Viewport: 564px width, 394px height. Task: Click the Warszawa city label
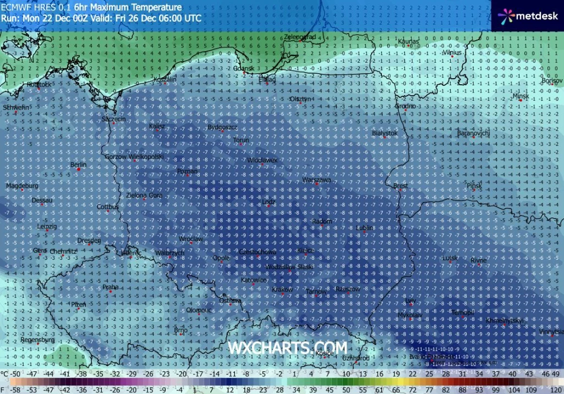click(317, 179)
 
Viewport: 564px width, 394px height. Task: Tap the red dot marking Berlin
click(79, 169)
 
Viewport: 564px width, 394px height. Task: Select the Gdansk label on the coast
click(244, 68)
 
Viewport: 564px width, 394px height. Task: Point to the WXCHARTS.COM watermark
click(288, 348)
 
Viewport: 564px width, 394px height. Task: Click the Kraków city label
click(282, 289)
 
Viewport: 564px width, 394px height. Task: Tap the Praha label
click(111, 287)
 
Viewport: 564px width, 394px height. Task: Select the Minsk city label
click(521, 96)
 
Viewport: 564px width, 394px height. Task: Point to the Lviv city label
click(410, 301)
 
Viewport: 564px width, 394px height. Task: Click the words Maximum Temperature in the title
click(143, 7)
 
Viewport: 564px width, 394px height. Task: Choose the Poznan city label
click(187, 171)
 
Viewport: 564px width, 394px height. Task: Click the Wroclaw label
click(191, 239)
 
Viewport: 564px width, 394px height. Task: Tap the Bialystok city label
click(385, 133)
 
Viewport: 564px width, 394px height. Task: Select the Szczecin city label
click(114, 119)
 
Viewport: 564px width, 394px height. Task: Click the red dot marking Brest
click(401, 190)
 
